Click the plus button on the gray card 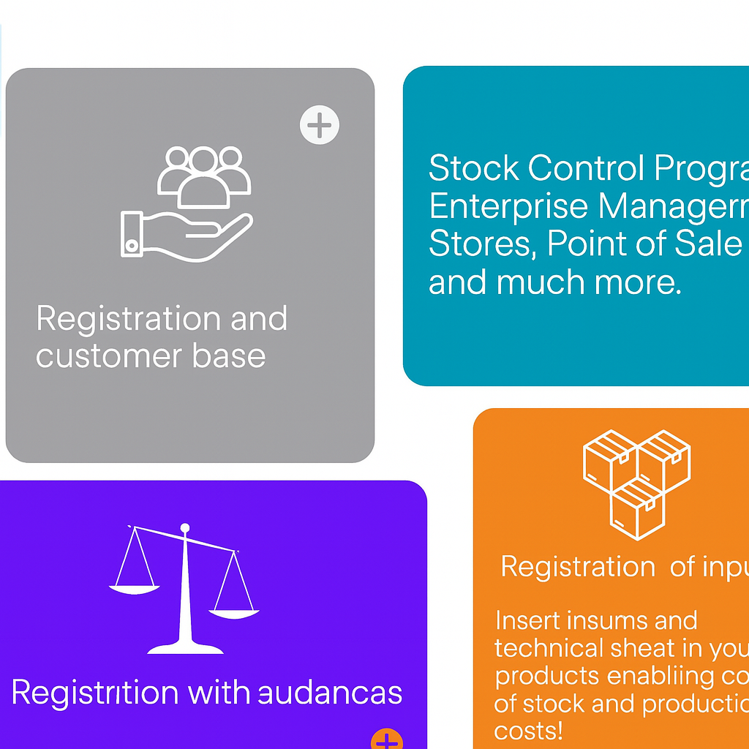click(x=320, y=126)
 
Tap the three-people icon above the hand click(x=204, y=174)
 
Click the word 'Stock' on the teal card click(x=473, y=168)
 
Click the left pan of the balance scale click(x=135, y=587)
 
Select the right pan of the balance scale click(x=234, y=613)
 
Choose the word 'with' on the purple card click(x=211, y=692)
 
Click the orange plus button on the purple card click(x=387, y=740)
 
